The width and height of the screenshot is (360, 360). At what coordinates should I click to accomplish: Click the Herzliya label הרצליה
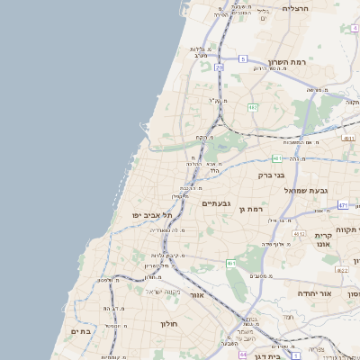(x=295, y=8)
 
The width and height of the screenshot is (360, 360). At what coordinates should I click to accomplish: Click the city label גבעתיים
(x=217, y=203)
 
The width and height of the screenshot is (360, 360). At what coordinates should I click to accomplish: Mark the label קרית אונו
(x=324, y=238)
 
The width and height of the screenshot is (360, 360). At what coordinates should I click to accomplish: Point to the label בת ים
(x=81, y=331)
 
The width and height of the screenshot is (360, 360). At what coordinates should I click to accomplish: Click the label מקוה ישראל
(x=163, y=291)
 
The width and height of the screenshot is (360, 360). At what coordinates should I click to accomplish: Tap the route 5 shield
(x=243, y=59)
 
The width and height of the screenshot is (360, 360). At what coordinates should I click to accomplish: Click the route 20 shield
(x=219, y=67)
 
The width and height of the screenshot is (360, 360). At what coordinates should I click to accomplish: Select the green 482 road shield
(x=253, y=107)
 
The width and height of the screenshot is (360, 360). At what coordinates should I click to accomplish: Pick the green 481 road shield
(x=277, y=158)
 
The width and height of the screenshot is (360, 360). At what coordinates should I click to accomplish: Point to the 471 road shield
(x=343, y=205)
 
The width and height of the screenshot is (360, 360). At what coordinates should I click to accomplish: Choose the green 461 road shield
(x=231, y=263)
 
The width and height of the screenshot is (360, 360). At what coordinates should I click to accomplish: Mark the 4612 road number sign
(x=343, y=270)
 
